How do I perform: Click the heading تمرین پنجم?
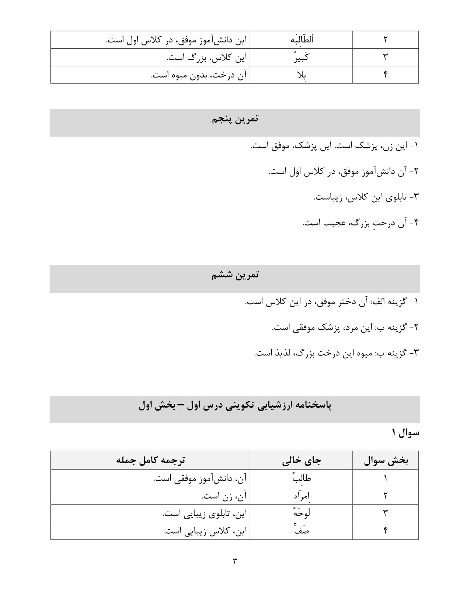point(235,120)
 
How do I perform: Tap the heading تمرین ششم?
point(235,276)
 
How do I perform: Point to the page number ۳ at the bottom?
point(234,561)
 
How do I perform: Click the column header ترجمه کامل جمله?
point(150,460)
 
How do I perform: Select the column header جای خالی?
point(301,460)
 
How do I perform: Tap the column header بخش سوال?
point(386,460)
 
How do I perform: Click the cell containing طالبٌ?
point(301,479)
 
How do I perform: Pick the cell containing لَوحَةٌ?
point(301,513)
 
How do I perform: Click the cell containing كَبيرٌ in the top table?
point(301,57)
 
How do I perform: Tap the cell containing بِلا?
point(301,75)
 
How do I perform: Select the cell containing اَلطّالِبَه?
point(301,39)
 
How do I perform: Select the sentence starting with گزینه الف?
point(332,302)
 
